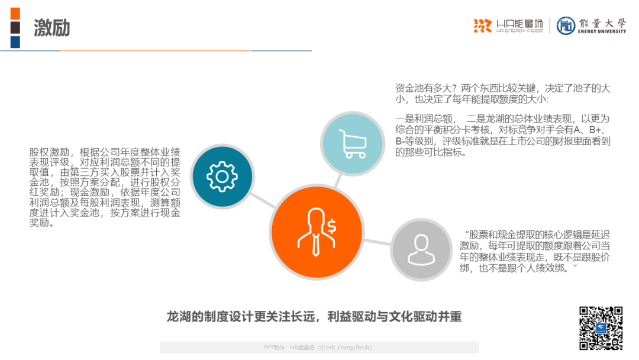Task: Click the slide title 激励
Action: (51, 28)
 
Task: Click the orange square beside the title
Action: (15, 13)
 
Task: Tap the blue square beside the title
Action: (15, 42)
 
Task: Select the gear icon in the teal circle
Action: (222, 176)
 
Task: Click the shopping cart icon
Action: (353, 143)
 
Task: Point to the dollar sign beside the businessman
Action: (332, 226)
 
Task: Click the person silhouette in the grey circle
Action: (421, 249)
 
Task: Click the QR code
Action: (601, 328)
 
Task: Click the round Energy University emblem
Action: (566, 25)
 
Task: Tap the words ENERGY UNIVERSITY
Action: (602, 31)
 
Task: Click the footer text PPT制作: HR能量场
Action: (289, 348)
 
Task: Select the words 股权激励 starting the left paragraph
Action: (49, 152)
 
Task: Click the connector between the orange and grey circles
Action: (377, 242)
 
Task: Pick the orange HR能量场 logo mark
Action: (483, 25)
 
